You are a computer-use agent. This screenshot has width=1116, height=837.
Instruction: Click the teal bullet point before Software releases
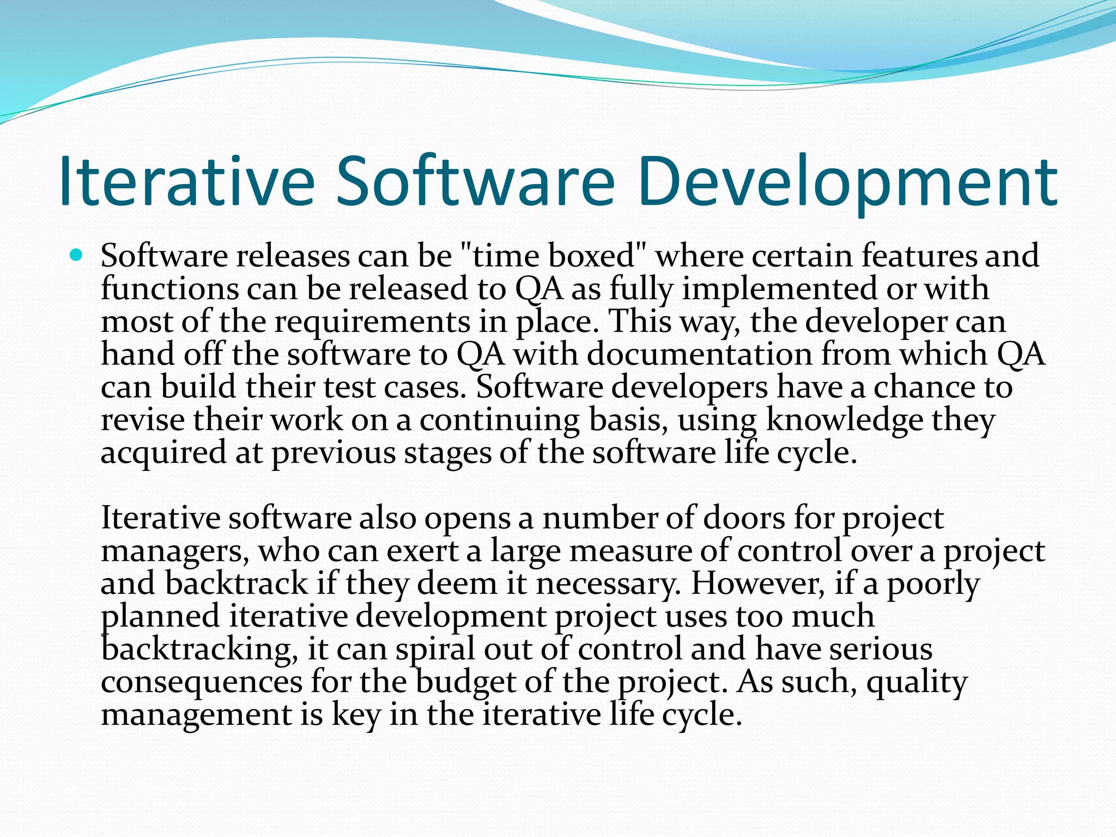[x=76, y=254]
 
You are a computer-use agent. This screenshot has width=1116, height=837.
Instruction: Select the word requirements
[x=372, y=322]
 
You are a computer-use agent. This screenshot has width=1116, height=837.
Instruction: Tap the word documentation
[x=700, y=354]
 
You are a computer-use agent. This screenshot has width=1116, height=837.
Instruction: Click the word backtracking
[x=199, y=650]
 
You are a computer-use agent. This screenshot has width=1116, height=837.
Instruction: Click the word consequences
[x=202, y=682]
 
